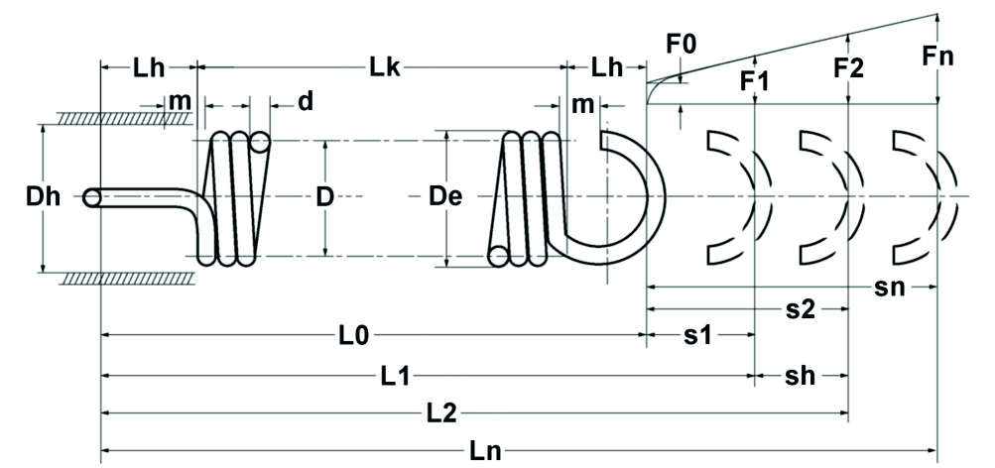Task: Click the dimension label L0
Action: [x=353, y=336]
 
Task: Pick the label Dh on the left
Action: [x=44, y=196]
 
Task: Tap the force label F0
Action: [x=682, y=45]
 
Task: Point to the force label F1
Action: [x=756, y=81]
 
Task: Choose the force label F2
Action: [x=849, y=68]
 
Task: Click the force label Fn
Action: [x=937, y=57]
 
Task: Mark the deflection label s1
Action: [x=700, y=336]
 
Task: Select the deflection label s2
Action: [x=801, y=309]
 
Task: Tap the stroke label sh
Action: [x=801, y=376]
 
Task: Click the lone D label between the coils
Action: [x=324, y=196]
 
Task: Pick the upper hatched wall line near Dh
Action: [x=124, y=117]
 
